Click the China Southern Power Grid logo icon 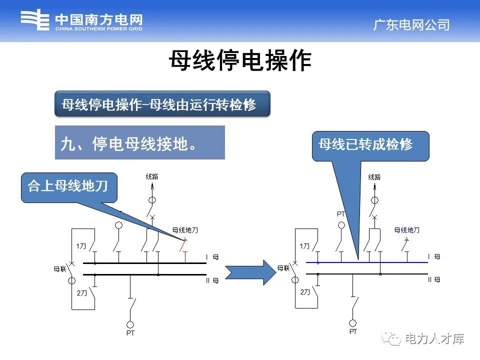click(34, 21)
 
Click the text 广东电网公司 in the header click(411, 24)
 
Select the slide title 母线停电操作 click(239, 61)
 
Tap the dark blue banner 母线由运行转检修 click(162, 104)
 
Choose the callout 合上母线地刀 click(68, 186)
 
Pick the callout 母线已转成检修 click(370, 145)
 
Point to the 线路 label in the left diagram click(152, 177)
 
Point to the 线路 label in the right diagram click(374, 177)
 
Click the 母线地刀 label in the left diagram click(185, 230)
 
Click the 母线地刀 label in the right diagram click(407, 230)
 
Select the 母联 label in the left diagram click(60, 269)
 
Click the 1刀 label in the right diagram click(304, 246)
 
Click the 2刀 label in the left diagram click(82, 293)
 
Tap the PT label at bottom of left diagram click(130, 333)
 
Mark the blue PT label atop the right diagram click(341, 214)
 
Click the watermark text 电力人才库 click(434, 339)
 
